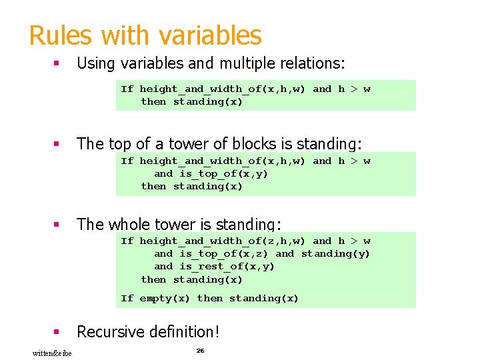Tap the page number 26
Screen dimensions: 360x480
coord(200,350)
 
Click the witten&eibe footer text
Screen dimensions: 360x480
coord(53,353)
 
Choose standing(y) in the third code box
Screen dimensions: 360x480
coord(335,253)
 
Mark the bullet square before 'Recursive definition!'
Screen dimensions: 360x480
coord(57,331)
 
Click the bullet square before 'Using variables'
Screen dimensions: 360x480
coord(57,63)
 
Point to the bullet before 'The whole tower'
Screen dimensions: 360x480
coord(57,225)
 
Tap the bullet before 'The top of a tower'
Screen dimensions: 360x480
coord(57,144)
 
